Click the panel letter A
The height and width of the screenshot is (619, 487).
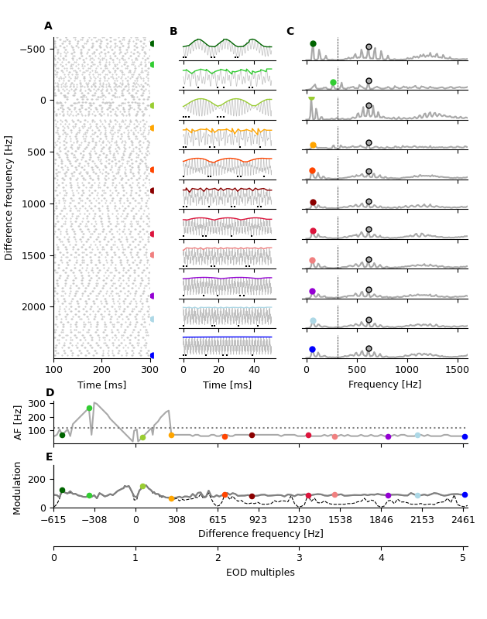[48, 26]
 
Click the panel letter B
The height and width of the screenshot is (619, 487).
[173, 32]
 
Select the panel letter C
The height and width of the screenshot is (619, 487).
[290, 32]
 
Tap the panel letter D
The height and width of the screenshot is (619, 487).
[50, 393]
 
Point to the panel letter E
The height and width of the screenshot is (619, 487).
[50, 457]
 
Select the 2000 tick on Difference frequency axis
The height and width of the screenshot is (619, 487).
[36, 307]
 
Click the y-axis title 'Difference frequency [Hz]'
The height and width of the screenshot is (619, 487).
[9, 197]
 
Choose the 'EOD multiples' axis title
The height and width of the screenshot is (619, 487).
[259, 573]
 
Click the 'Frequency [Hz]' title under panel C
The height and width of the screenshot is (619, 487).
[385, 385]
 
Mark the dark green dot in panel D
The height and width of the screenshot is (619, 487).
[62, 435]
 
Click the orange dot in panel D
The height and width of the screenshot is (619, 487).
[171, 435]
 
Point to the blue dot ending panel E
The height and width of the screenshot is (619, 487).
[465, 494]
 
